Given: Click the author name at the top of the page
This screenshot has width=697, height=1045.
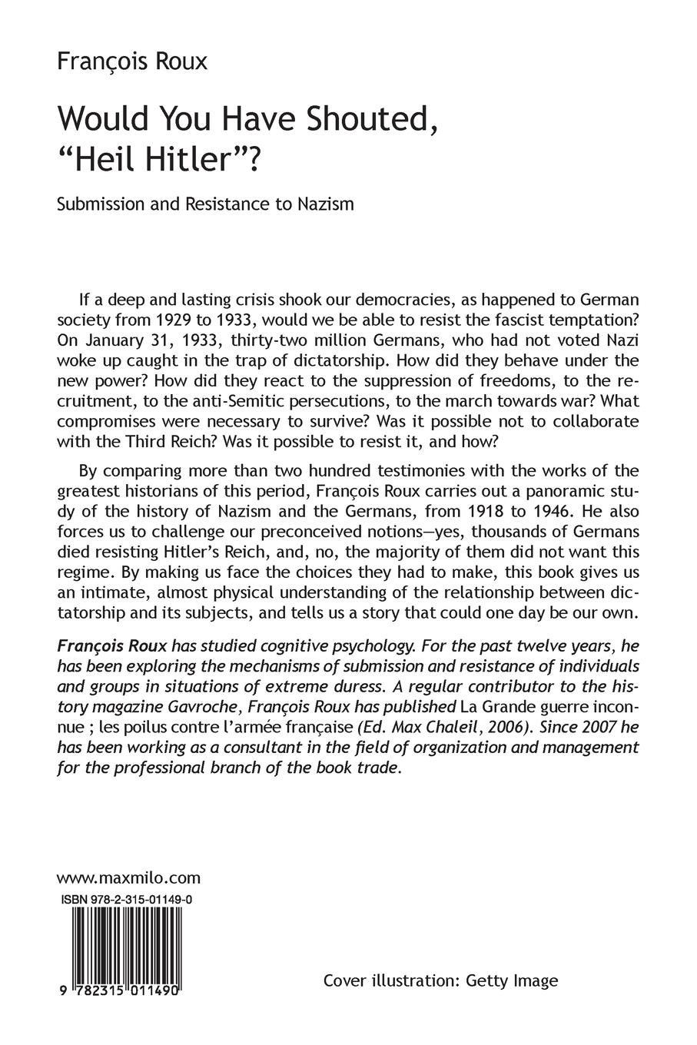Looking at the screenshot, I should coord(132,61).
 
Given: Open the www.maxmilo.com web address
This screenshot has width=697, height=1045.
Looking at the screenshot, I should coord(128,877).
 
